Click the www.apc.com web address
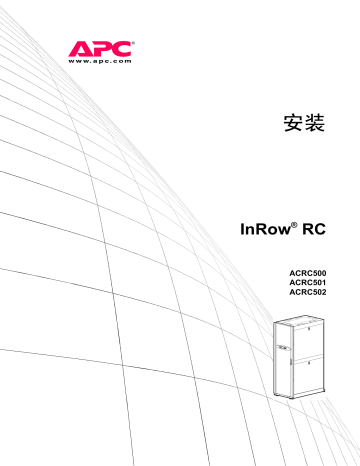[100, 61]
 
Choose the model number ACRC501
[305, 282]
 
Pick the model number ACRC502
[305, 292]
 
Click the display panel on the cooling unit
[283, 349]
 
